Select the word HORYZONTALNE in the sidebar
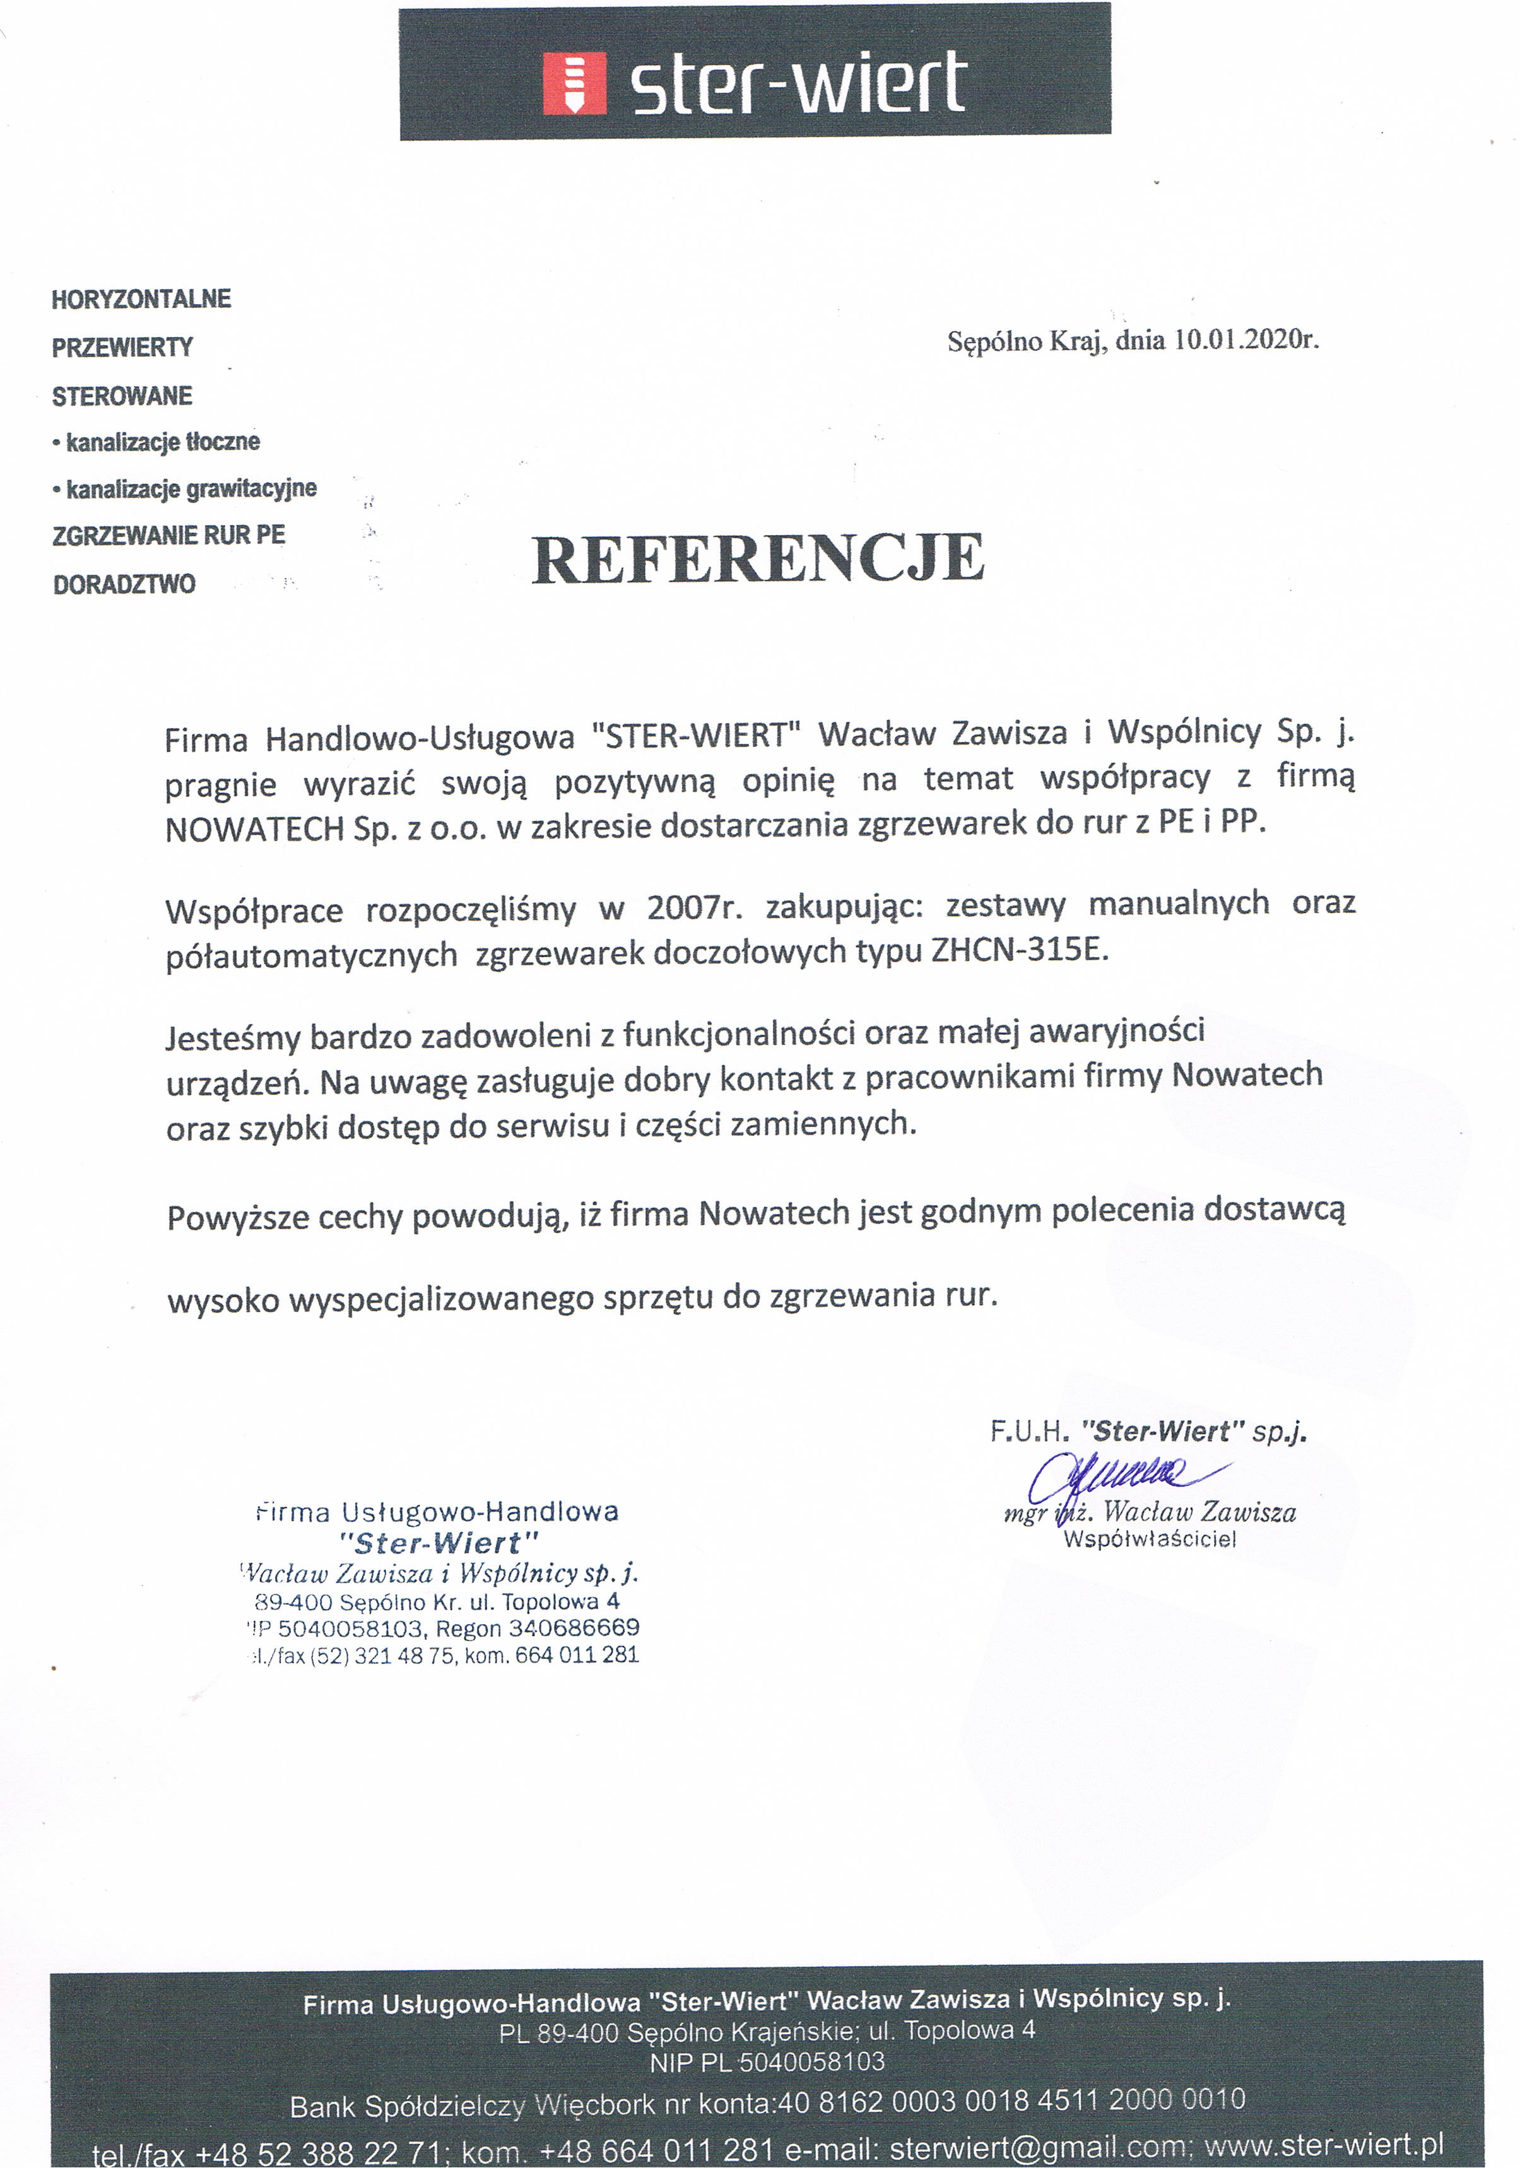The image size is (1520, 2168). (141, 299)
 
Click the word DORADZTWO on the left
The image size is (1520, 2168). (124, 584)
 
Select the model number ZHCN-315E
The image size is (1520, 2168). (1018, 949)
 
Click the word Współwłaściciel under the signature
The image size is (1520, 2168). (1149, 1539)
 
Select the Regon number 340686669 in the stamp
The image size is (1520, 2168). (574, 1628)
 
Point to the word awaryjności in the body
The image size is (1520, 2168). (1117, 1030)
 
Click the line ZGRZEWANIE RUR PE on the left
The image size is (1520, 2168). (168, 536)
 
